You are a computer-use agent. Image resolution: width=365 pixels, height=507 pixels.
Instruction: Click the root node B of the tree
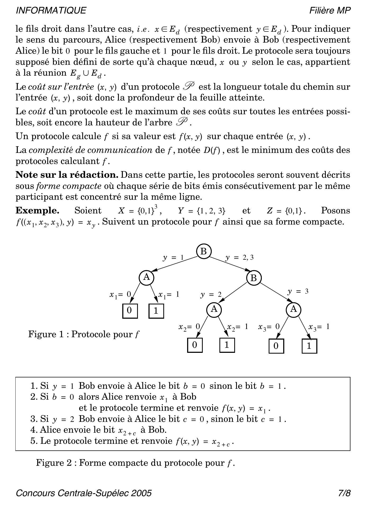[204, 251]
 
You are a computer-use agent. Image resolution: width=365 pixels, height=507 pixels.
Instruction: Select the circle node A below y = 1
[146, 278]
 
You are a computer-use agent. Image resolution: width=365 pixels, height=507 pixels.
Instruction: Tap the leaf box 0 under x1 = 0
[130, 310]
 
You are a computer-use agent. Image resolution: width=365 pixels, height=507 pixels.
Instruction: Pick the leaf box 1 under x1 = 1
[156, 311]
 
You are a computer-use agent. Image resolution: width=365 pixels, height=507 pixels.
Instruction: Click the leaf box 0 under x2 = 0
[195, 345]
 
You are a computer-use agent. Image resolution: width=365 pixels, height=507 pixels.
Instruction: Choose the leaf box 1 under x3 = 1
[309, 346]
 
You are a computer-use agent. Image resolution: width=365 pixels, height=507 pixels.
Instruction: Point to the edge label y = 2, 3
[239, 257]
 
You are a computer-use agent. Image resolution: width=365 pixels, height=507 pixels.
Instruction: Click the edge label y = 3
[298, 291]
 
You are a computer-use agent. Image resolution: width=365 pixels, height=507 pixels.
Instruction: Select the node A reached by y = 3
[294, 309]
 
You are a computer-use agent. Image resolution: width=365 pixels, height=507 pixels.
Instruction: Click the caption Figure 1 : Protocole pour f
[84, 334]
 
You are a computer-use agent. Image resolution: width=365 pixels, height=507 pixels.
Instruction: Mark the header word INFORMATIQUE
[51, 11]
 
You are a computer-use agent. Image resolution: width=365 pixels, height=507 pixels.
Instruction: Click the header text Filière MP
[330, 11]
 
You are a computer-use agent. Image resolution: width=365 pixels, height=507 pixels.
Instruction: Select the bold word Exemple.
[37, 211]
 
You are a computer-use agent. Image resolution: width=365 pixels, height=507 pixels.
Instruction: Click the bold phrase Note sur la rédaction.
[67, 175]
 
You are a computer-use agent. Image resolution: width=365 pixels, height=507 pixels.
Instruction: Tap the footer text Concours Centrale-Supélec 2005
[84, 493]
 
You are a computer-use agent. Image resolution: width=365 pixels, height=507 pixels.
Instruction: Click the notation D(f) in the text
[211, 150]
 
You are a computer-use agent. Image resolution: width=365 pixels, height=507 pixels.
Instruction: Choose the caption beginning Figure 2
[135, 463]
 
